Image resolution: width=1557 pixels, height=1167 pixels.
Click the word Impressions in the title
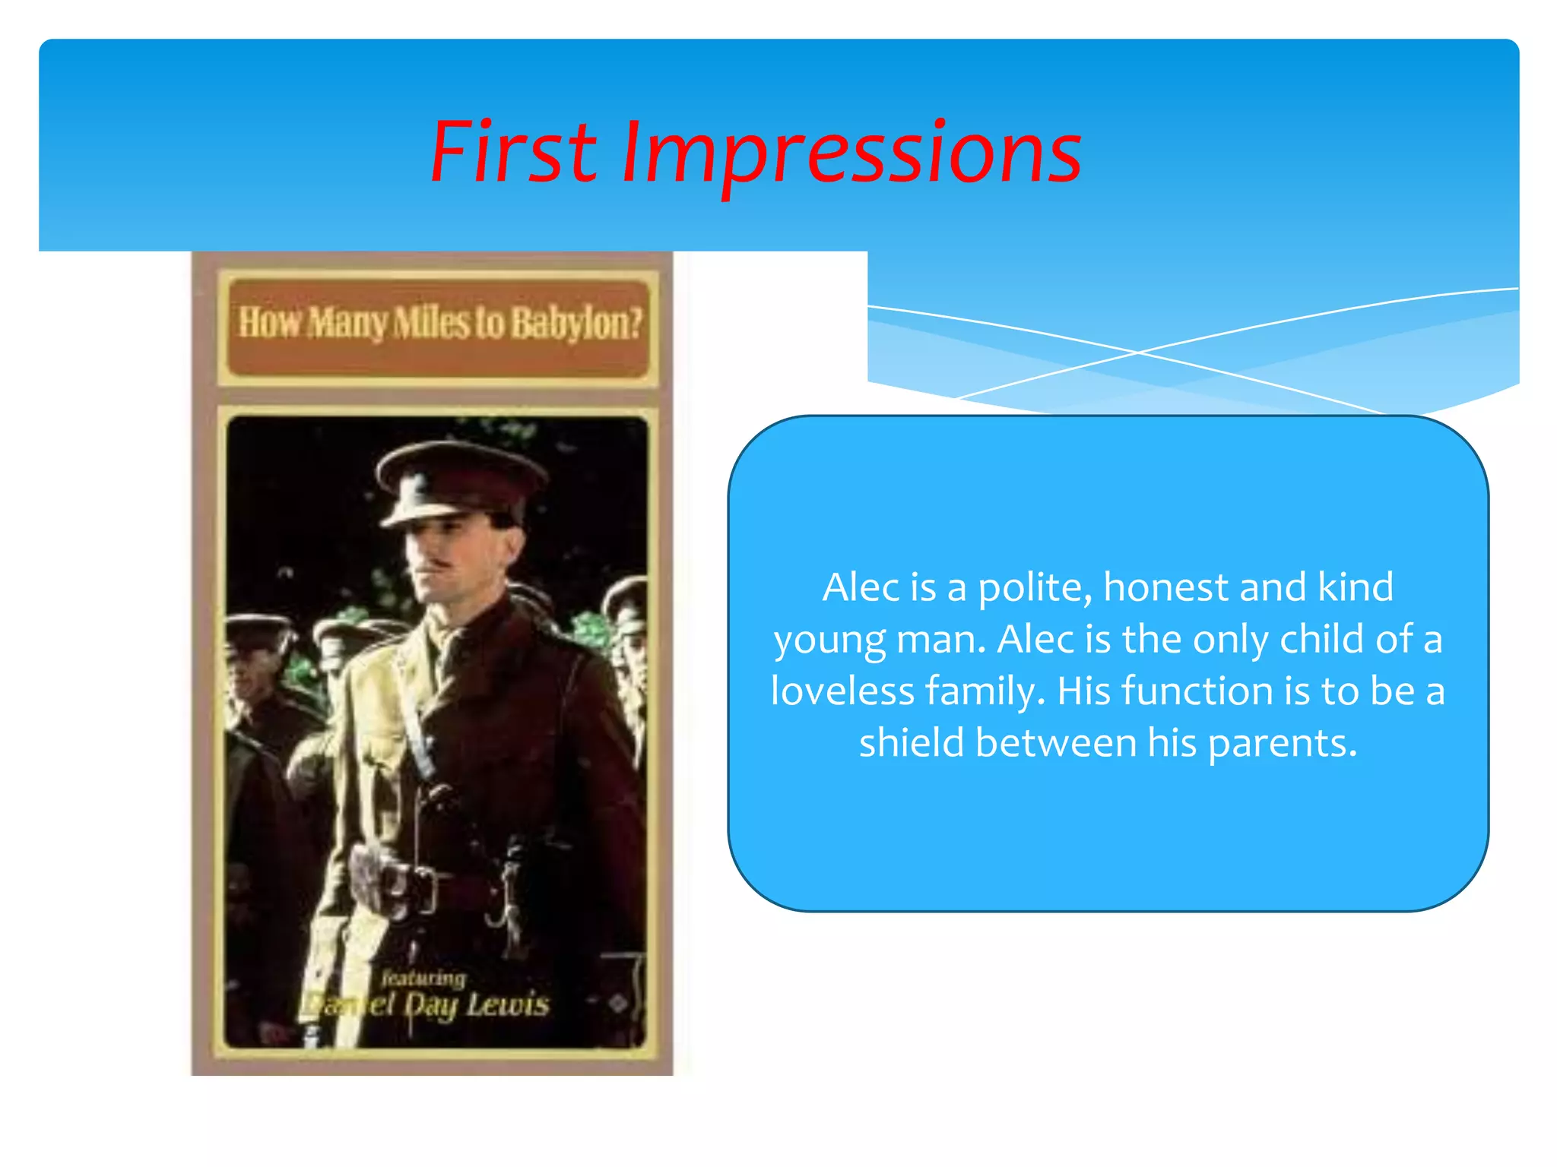click(851, 154)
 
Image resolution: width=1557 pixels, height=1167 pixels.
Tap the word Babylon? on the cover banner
click(576, 323)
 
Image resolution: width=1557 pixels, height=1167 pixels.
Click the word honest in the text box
click(1165, 587)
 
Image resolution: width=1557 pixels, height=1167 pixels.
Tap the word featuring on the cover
click(423, 978)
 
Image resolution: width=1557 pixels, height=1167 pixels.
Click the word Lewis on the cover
click(508, 1005)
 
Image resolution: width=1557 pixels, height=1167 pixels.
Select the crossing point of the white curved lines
click(1137, 353)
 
